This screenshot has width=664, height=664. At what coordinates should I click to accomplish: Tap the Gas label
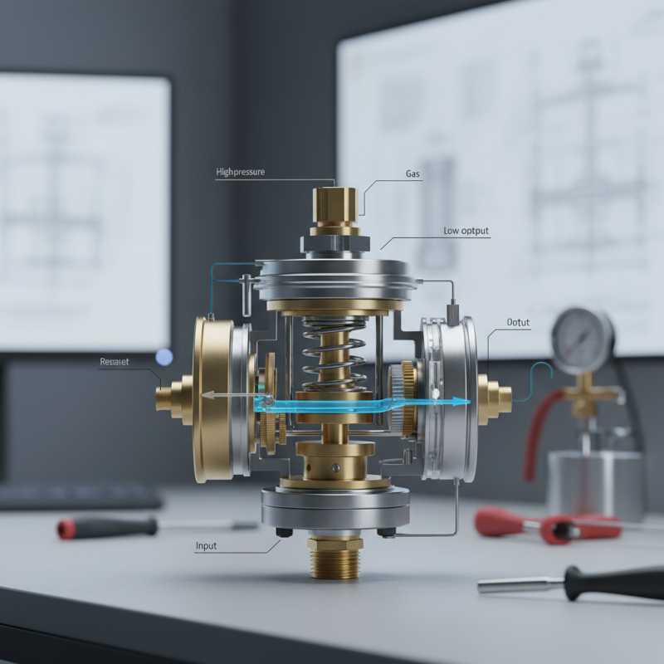click(x=413, y=174)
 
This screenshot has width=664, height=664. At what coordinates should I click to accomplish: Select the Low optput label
click(x=466, y=232)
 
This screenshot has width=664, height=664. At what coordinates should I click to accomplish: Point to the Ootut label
click(x=518, y=323)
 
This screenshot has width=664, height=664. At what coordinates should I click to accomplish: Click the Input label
click(x=206, y=546)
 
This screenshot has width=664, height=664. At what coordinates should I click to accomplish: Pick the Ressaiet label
click(x=115, y=362)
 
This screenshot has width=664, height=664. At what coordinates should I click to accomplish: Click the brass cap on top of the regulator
click(x=335, y=205)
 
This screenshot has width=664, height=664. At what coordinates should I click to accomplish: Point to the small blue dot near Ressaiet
click(x=164, y=358)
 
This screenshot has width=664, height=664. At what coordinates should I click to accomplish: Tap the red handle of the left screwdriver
click(x=106, y=526)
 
